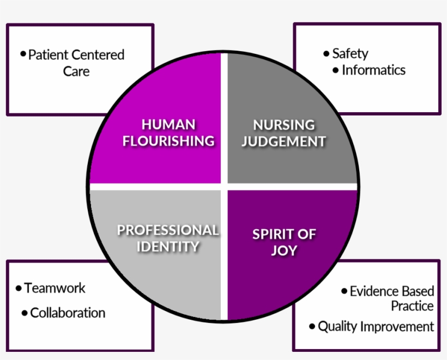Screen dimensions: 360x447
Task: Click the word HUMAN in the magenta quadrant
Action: pos(168,124)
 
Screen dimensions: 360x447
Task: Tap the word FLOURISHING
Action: pos(168,141)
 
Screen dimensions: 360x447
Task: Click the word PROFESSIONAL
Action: pos(168,230)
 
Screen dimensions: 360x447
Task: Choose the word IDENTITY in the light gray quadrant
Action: pos(168,246)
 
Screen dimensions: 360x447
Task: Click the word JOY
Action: pos(284,251)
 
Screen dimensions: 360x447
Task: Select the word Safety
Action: pos(350,53)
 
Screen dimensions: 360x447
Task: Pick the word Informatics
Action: pos(373,70)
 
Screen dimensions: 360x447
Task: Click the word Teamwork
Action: pos(55,288)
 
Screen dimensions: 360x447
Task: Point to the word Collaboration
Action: pos(68,313)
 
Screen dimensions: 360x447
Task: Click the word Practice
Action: pos(412,306)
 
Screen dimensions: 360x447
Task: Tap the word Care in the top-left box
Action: pos(76,71)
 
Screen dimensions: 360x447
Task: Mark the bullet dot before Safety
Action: pos(326,53)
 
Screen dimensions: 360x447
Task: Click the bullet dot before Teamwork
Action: pos(19,288)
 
